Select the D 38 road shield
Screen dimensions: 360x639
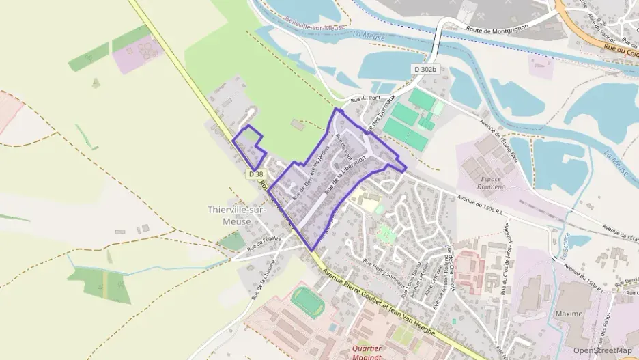tap(255, 175)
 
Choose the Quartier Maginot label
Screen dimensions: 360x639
tap(375, 350)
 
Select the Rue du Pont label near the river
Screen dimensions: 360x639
tap(364, 100)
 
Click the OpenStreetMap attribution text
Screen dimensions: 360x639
tap(602, 350)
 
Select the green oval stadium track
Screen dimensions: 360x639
tap(308, 301)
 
